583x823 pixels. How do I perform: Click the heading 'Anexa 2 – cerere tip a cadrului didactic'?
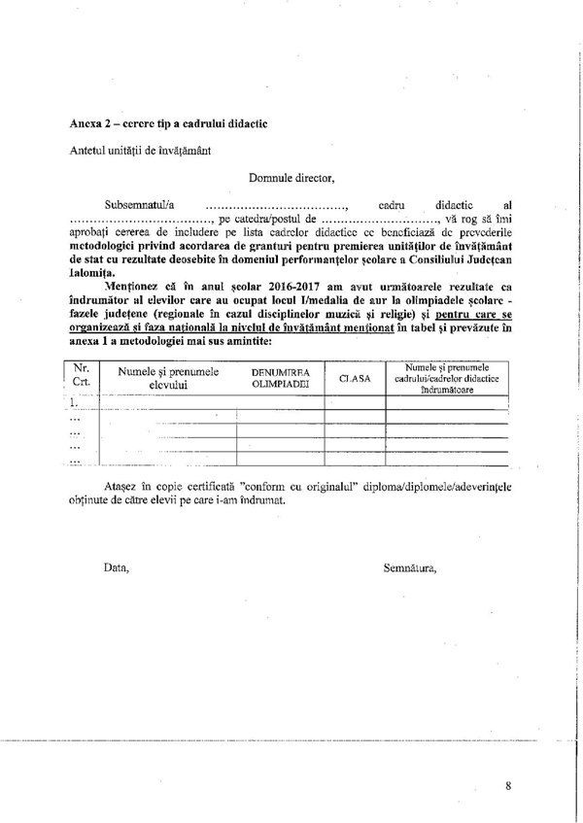coord(169,124)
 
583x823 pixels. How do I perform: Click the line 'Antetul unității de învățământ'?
coord(137,152)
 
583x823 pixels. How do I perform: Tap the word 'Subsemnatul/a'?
coord(139,206)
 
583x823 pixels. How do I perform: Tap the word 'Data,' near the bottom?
coord(117,567)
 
